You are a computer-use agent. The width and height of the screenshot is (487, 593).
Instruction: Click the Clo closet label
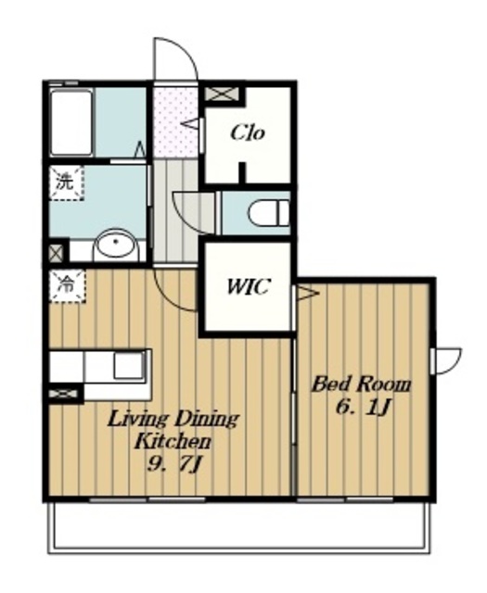click(248, 132)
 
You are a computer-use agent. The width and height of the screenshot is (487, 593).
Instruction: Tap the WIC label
click(248, 286)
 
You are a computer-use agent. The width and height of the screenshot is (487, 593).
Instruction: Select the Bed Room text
click(361, 385)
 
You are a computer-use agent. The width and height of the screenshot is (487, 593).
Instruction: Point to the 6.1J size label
click(363, 408)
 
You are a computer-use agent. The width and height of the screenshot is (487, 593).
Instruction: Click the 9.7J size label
click(173, 463)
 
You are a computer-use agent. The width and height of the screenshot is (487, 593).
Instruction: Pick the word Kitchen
click(173, 441)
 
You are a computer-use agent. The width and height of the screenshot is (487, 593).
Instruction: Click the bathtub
click(71, 122)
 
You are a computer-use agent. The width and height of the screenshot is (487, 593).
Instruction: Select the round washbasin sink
click(117, 246)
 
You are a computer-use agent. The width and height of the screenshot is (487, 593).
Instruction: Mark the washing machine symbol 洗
click(66, 183)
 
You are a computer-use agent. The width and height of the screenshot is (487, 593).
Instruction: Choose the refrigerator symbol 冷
click(68, 285)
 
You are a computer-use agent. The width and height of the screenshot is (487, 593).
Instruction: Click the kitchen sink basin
click(129, 365)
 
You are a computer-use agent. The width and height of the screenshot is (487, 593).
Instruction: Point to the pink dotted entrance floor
click(175, 121)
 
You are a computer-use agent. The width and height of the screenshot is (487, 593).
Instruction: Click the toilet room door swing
click(196, 212)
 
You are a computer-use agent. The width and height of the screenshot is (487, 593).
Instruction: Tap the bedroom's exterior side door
click(446, 360)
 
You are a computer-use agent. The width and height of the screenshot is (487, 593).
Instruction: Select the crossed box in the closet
click(222, 94)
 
